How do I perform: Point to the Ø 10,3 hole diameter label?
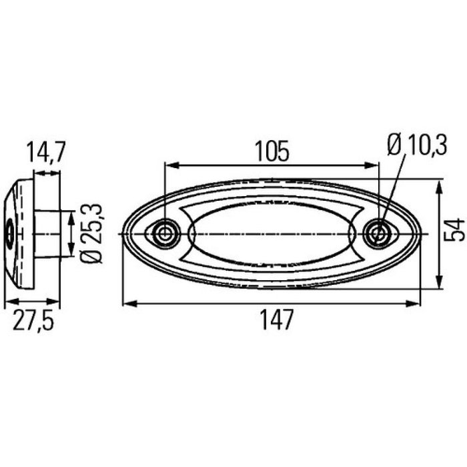coord(416,145)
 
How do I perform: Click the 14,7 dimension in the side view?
coord(45,153)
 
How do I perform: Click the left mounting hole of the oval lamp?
coord(164,233)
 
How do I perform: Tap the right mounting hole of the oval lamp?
coord(378,233)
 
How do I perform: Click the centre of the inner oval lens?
coord(272,233)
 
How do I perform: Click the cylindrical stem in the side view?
coord(50,233)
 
